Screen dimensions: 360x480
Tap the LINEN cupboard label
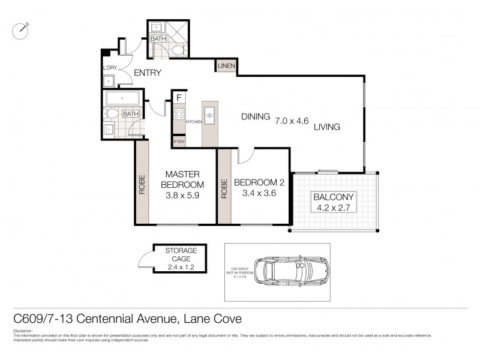point(227,66)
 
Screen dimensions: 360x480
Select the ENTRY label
point(147,73)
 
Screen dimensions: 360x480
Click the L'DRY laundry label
point(109,68)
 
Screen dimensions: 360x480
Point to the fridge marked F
point(179,97)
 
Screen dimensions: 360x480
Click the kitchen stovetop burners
point(179,113)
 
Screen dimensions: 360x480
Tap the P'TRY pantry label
point(179,142)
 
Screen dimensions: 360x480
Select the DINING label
point(255,116)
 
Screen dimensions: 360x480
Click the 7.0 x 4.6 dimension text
point(292,121)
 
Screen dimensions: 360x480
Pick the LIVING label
point(327,127)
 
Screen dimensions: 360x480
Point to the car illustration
point(291,271)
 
